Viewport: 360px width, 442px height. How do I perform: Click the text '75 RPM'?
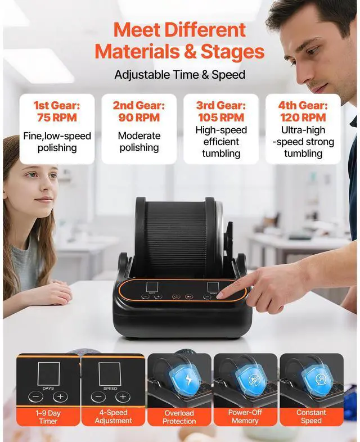click(57, 118)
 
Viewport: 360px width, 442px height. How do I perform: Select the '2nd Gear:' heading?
click(139, 105)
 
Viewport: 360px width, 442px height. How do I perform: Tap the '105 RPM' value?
click(221, 118)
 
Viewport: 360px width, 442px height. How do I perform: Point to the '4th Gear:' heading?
click(303, 105)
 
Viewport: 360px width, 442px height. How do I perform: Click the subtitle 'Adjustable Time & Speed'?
click(179, 74)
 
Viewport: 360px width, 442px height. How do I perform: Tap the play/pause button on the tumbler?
click(190, 296)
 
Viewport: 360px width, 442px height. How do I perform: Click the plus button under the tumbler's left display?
click(158, 296)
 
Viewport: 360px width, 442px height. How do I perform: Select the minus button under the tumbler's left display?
click(145, 296)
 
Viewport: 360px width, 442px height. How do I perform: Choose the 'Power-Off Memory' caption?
click(246, 416)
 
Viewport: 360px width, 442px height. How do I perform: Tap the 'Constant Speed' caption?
click(311, 416)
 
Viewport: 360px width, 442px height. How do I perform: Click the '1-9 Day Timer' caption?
click(48, 416)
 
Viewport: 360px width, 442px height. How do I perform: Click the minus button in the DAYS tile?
click(35, 396)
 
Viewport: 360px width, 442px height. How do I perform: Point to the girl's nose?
click(47, 184)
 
